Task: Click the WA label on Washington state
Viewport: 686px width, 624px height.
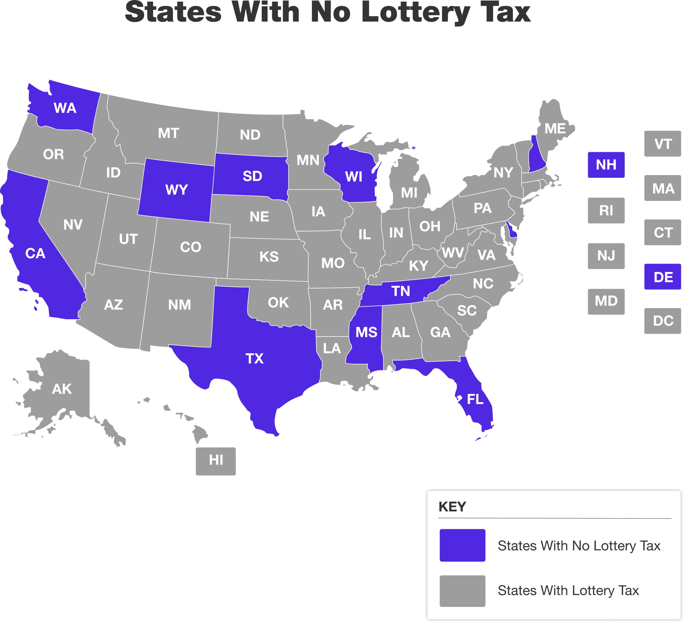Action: tap(65, 108)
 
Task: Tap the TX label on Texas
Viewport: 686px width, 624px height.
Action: tap(255, 359)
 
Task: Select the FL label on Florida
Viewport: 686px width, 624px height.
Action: tap(475, 399)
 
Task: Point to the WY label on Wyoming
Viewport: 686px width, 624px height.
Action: tap(177, 190)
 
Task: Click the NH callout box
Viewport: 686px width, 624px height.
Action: tap(606, 165)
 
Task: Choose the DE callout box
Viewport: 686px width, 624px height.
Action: tap(663, 277)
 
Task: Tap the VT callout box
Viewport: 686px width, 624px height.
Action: tap(663, 144)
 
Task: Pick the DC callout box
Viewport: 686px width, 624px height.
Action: tap(663, 321)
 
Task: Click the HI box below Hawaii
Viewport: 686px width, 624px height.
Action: tap(216, 460)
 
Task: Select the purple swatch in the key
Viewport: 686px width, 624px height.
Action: tap(462, 545)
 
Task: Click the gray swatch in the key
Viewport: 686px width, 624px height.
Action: tap(462, 591)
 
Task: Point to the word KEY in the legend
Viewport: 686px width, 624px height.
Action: tap(452, 507)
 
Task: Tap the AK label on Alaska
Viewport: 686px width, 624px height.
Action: tap(62, 389)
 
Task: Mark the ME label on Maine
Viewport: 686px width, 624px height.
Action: tap(555, 129)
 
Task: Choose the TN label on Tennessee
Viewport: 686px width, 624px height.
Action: tap(401, 291)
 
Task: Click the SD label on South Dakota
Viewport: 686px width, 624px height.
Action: tap(252, 176)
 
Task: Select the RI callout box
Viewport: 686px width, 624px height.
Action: tap(606, 211)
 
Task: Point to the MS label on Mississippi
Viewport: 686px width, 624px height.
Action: tap(366, 332)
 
